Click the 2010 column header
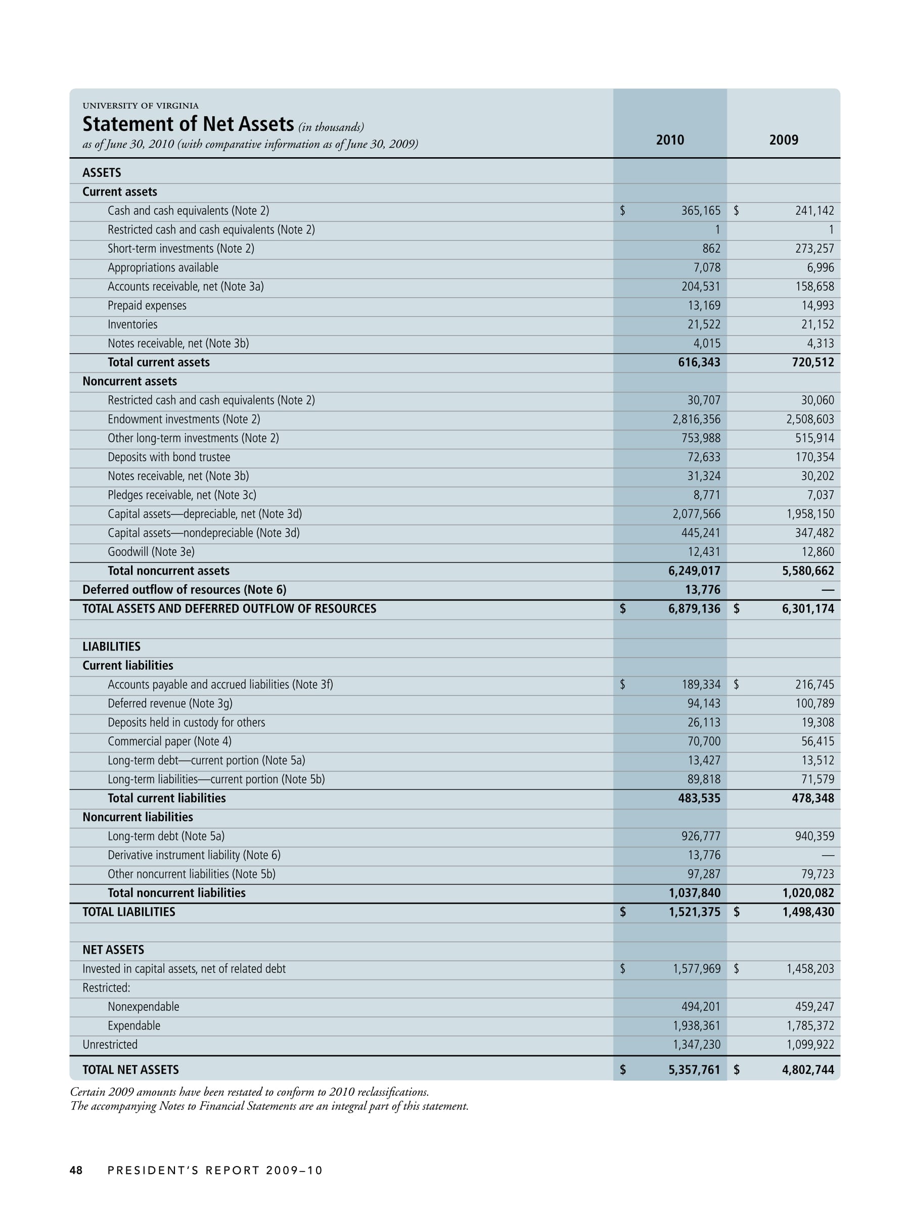670,140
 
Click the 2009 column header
783,140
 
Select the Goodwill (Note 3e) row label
151,552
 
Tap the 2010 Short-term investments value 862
711,249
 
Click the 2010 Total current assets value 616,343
699,362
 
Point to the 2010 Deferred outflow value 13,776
704,589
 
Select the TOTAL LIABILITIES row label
129,911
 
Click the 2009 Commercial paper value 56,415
817,741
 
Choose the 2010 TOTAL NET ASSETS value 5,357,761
694,1069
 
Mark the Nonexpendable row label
143,1006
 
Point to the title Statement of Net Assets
188,124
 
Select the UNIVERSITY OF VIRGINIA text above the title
141,106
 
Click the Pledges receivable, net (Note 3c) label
181,495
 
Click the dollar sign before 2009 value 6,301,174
736,609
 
